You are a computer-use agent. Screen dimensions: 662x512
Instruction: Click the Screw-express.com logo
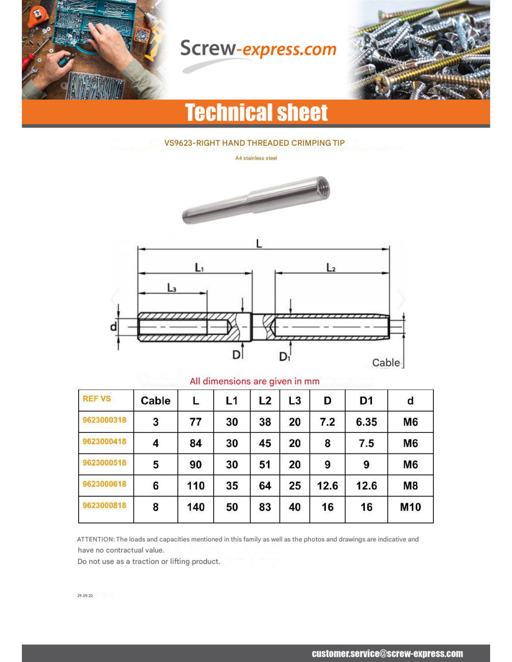pyautogui.click(x=258, y=49)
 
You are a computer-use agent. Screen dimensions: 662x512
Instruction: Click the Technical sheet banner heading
pyautogui.click(x=256, y=113)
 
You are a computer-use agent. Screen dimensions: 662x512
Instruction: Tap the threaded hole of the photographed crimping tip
pyautogui.click(x=322, y=188)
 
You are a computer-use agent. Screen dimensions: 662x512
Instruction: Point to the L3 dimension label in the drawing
pyautogui.click(x=172, y=288)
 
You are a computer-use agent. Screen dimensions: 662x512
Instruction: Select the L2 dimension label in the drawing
pyautogui.click(x=330, y=267)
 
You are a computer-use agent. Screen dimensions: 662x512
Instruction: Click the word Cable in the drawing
pyautogui.click(x=386, y=363)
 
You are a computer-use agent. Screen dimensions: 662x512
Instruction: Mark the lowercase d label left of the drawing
pyautogui.click(x=113, y=327)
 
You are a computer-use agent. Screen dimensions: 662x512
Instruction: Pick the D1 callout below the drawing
pyautogui.click(x=284, y=357)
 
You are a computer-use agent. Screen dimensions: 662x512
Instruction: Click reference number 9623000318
pyautogui.click(x=105, y=420)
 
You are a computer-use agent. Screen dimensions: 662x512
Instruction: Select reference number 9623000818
pyautogui.click(x=105, y=505)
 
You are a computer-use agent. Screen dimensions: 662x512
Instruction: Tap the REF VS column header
pyautogui.click(x=97, y=399)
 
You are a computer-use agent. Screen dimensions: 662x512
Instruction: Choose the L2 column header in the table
pyautogui.click(x=265, y=401)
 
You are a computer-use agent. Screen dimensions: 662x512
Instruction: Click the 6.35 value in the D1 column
pyautogui.click(x=366, y=422)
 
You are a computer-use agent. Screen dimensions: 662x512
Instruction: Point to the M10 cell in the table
pyautogui.click(x=410, y=507)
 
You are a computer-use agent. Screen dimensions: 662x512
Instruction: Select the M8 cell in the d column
pyautogui.click(x=410, y=486)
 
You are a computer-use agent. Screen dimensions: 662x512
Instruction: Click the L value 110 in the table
pyautogui.click(x=195, y=486)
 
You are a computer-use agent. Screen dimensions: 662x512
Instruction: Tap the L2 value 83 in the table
pyautogui.click(x=265, y=507)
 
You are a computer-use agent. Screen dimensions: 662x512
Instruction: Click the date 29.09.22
pyautogui.click(x=85, y=595)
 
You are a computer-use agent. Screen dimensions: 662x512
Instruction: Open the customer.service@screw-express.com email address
pyautogui.click(x=387, y=654)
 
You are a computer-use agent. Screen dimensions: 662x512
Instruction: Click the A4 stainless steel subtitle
pyautogui.click(x=256, y=158)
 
